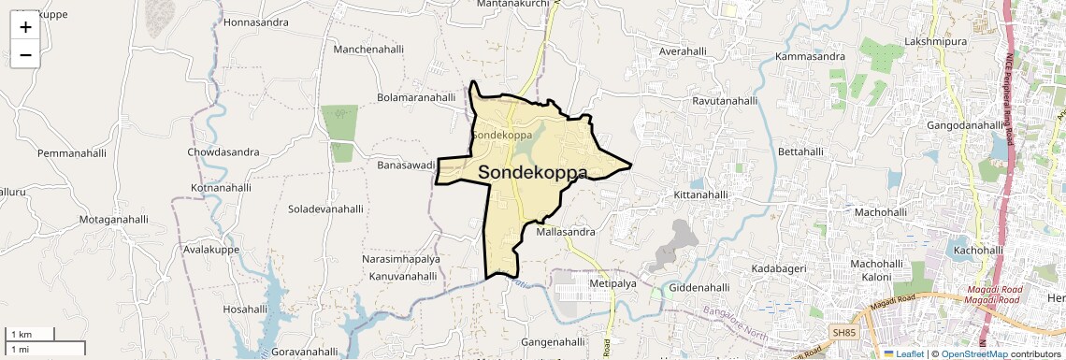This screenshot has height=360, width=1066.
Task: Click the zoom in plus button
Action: pos(25,27)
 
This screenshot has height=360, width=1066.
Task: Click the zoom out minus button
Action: pos(25,55)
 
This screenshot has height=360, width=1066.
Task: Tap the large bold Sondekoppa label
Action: pos(533,173)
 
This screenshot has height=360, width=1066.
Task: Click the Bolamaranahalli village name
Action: pos(415,97)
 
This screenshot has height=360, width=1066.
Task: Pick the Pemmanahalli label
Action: pos(73,152)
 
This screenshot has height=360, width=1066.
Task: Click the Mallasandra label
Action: pos(567,231)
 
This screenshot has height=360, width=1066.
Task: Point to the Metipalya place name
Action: pos(613,282)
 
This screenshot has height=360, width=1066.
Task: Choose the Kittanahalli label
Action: pos(700,194)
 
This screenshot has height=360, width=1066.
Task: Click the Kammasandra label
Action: pos(810,57)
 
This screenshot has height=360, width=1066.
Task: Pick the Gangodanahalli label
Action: pos(964,125)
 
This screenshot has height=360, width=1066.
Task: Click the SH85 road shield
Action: pos(843,332)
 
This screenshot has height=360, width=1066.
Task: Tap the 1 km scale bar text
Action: pos(20,334)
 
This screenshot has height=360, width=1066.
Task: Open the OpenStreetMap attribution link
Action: pos(973,354)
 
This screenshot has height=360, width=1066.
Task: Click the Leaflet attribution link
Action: pos(907,354)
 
